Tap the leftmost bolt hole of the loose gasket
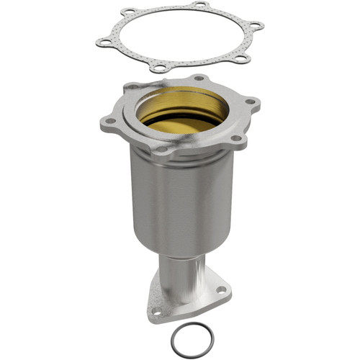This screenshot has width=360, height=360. [103, 43]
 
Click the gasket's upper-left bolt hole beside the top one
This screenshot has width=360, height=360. [129, 12]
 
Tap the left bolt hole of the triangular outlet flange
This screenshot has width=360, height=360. [156, 311]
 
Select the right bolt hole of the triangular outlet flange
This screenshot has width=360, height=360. [220, 289]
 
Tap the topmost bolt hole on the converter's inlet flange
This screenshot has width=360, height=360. [199, 78]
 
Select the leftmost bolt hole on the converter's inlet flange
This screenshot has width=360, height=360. [109, 123]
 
